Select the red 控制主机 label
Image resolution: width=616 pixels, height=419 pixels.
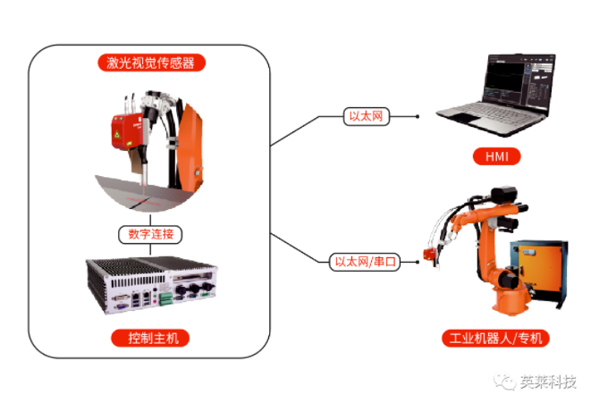click(x=151, y=338)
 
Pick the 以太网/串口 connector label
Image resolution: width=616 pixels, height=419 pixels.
click(x=365, y=262)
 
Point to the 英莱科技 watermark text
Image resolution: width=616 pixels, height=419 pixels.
click(x=548, y=382)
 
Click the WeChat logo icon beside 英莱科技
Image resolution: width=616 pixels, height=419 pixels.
click(x=509, y=382)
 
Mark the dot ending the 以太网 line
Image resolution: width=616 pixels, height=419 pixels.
click(x=417, y=116)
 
